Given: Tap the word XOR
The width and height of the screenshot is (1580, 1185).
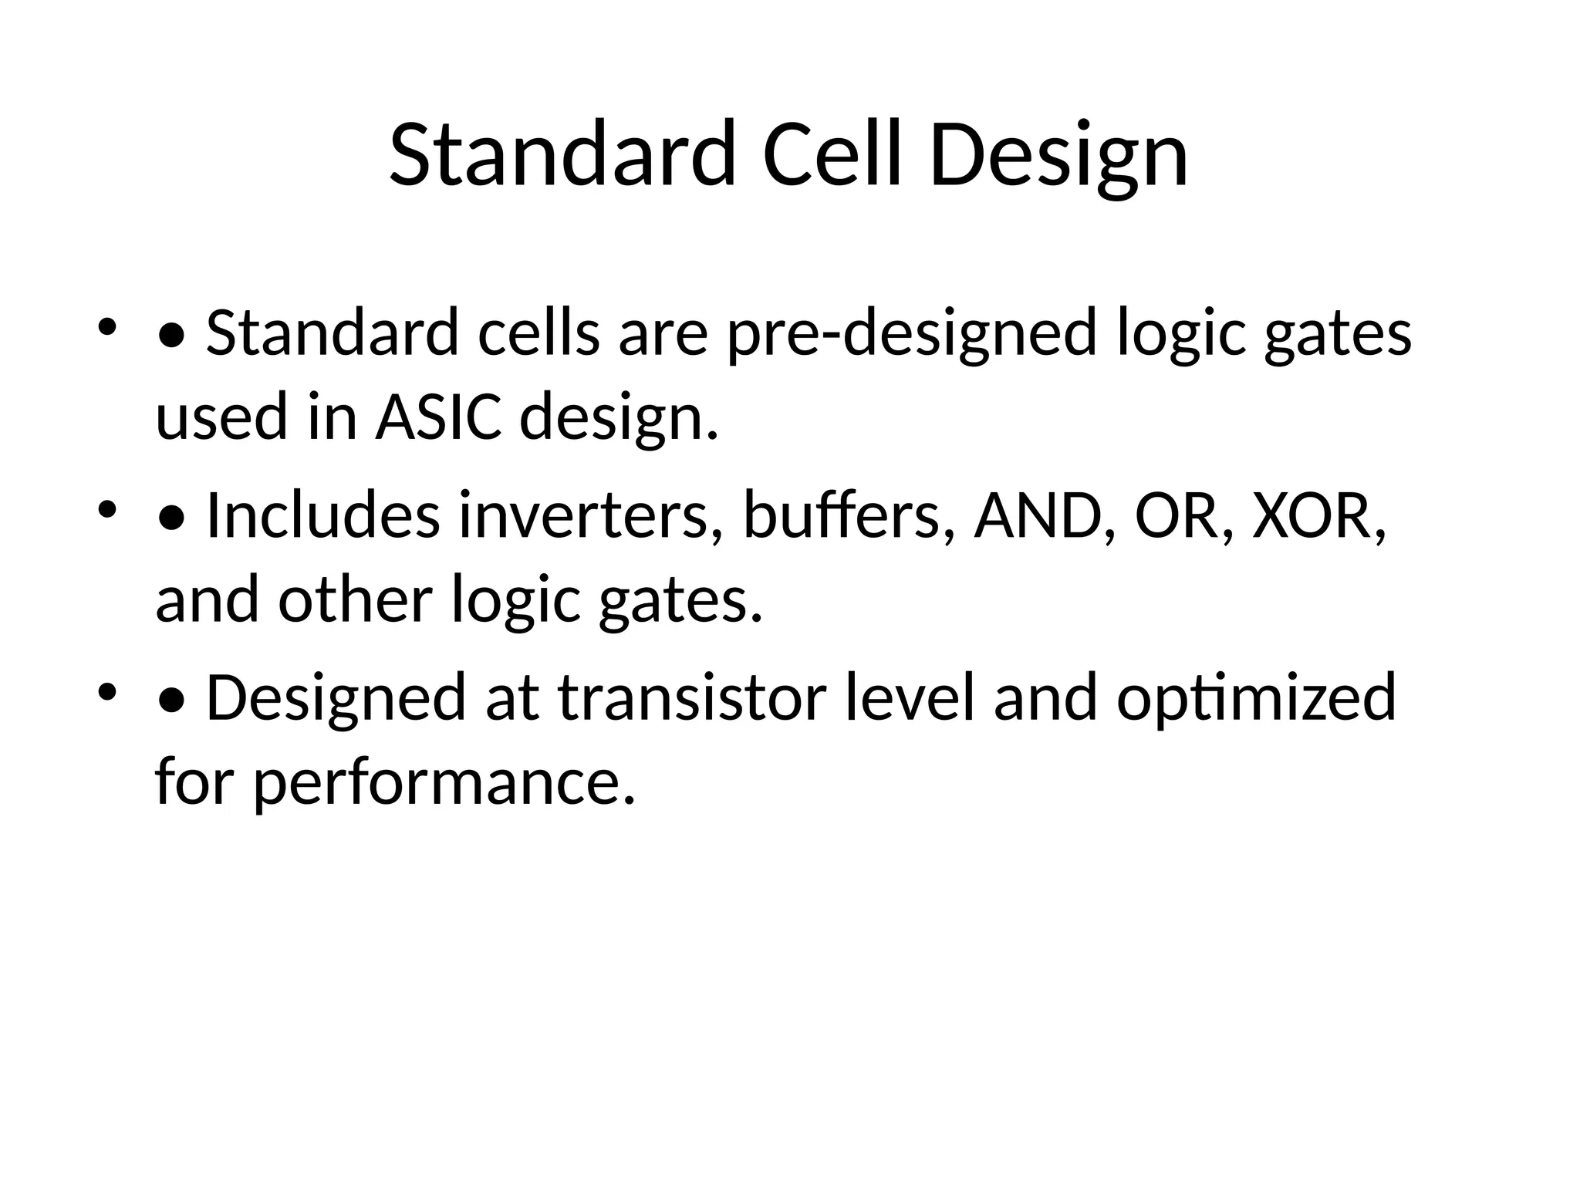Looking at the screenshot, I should click(1318, 515).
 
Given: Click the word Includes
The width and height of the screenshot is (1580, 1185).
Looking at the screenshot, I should click(323, 515).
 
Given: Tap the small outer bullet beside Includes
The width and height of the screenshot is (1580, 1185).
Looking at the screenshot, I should click(106, 508).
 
